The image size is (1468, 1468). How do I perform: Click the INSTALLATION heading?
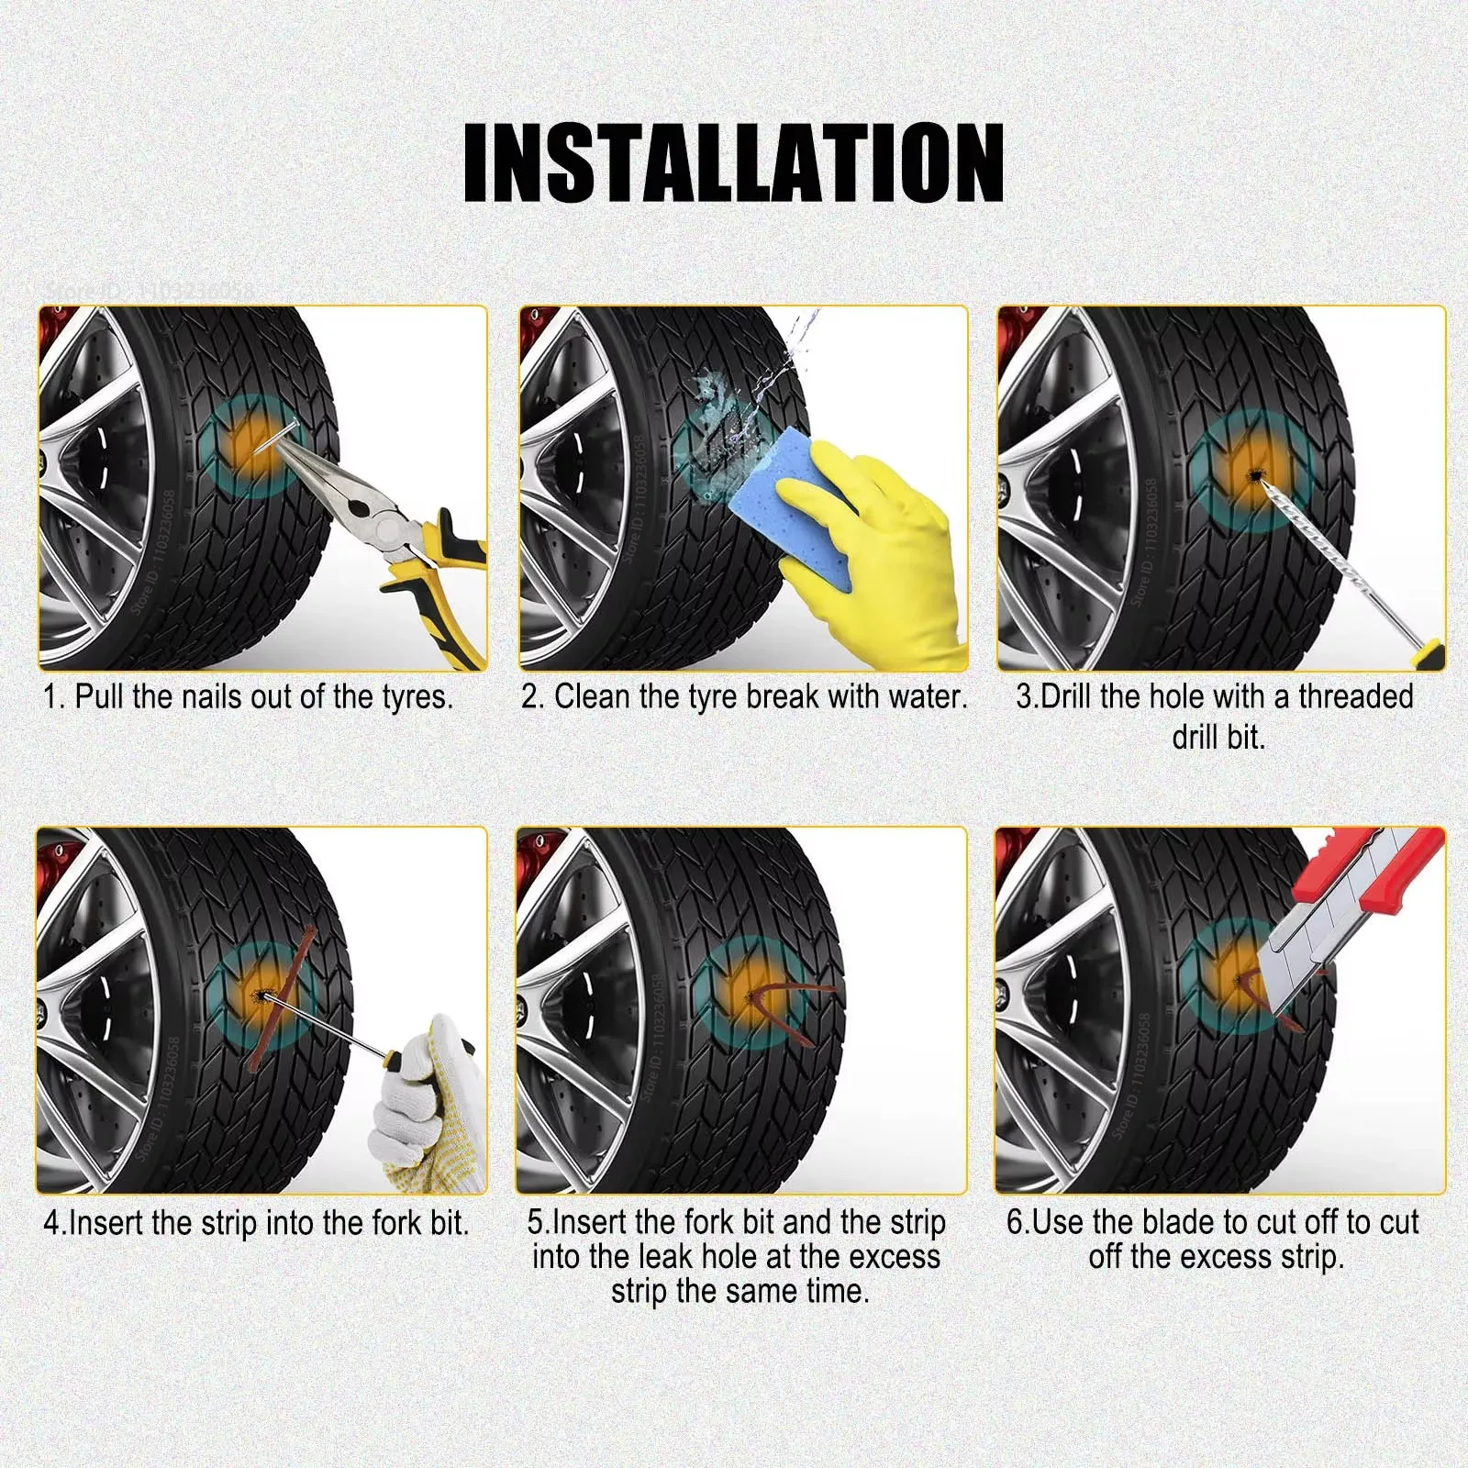[733, 162]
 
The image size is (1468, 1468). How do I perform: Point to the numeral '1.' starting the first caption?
[54, 697]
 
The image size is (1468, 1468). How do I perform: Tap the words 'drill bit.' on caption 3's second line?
[1218, 737]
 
